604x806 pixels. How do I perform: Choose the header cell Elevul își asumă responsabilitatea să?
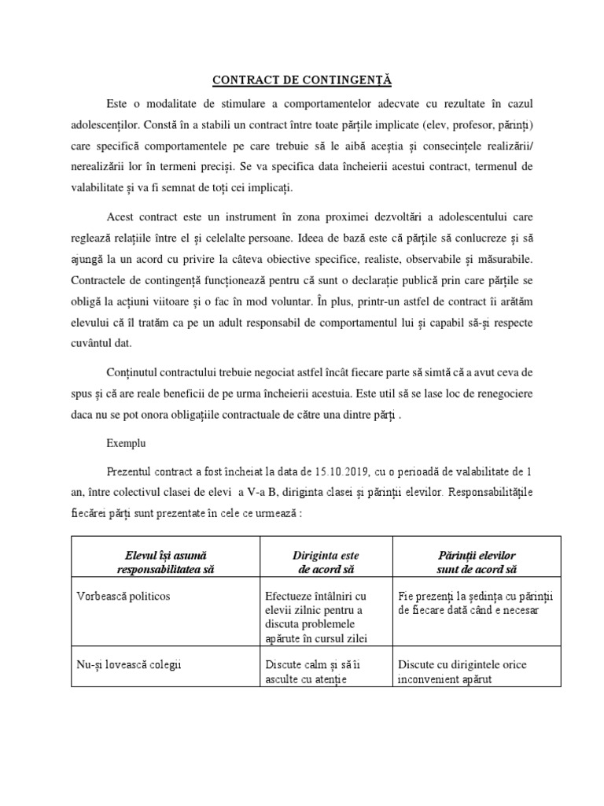click(165, 562)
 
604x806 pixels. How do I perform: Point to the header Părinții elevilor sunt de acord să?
click(477, 562)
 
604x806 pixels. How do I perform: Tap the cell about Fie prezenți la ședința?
click(477, 603)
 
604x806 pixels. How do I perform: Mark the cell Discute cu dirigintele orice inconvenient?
click(462, 672)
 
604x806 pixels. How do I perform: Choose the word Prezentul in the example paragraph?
click(131, 472)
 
